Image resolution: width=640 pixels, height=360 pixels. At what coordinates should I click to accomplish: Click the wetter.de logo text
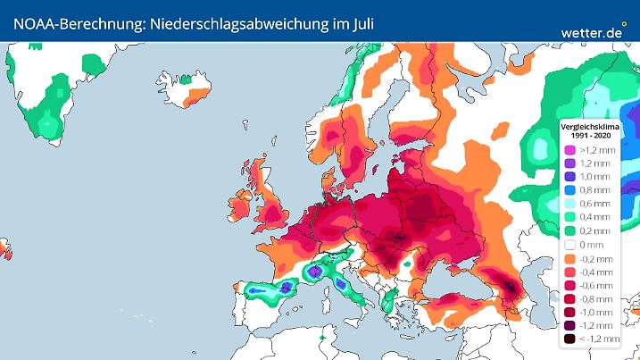pos(592,32)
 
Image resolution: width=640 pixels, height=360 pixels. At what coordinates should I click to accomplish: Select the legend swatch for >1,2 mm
pos(568,150)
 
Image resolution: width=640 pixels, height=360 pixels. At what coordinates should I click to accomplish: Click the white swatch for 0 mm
pos(568,244)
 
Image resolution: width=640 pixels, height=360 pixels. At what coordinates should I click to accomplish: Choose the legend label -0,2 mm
pos(596,257)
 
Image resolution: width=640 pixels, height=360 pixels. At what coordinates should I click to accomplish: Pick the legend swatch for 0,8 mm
pos(568,190)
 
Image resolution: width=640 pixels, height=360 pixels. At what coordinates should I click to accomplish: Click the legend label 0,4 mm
pos(596,217)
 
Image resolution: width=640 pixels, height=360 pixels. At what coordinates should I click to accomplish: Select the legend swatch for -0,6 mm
pos(568,285)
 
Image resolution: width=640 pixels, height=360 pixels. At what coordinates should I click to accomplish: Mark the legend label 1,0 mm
pos(596,177)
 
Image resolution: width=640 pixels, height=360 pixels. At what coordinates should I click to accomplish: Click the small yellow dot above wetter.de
pos(624,24)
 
